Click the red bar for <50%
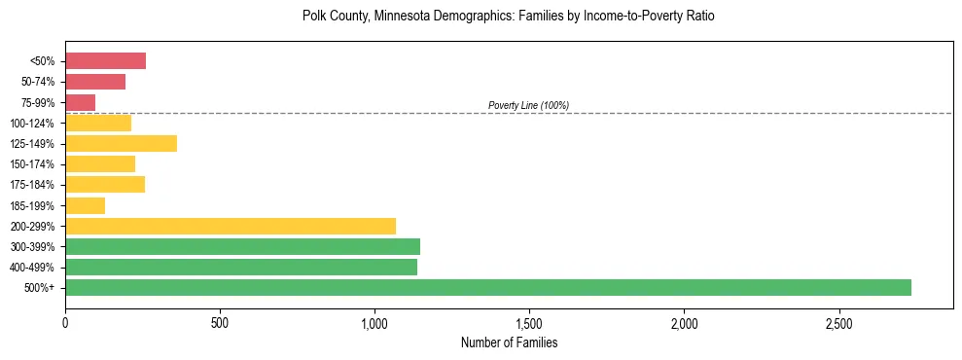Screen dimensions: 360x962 pos(105,61)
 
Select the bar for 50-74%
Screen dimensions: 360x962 pos(95,82)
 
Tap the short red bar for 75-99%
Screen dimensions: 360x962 pos(80,102)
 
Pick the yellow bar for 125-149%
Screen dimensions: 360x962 pos(121,144)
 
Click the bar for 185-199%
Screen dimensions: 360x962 pos(85,205)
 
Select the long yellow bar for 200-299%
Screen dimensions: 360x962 pos(231,226)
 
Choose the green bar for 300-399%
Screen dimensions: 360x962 pos(242,246)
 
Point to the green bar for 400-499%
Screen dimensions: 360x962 pos(241,267)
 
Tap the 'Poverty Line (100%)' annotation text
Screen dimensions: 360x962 pos(528,105)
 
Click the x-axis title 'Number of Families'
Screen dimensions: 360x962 pos(509,342)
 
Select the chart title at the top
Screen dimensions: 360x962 pos(509,17)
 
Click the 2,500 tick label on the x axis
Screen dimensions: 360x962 pos(838,323)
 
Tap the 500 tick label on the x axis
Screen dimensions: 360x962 pos(220,323)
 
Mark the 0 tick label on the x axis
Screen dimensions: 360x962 pos(65,323)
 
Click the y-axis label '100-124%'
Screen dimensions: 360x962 pos(32,124)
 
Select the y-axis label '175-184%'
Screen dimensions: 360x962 pos(32,185)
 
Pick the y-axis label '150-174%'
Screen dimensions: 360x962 pos(32,164)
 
